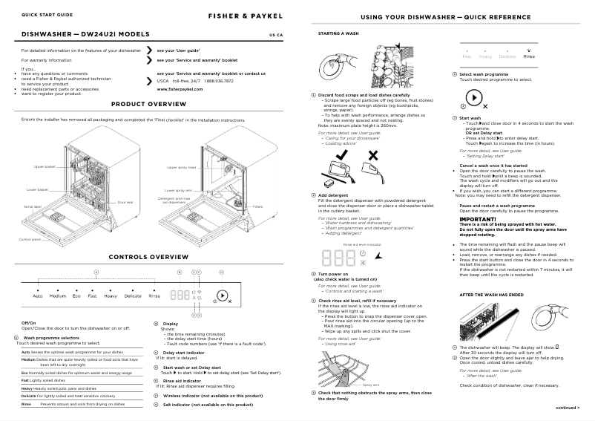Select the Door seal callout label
point(125,202)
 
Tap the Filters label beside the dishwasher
point(258,207)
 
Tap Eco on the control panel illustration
point(76,296)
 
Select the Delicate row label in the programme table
point(31,396)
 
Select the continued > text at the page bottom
point(568,407)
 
